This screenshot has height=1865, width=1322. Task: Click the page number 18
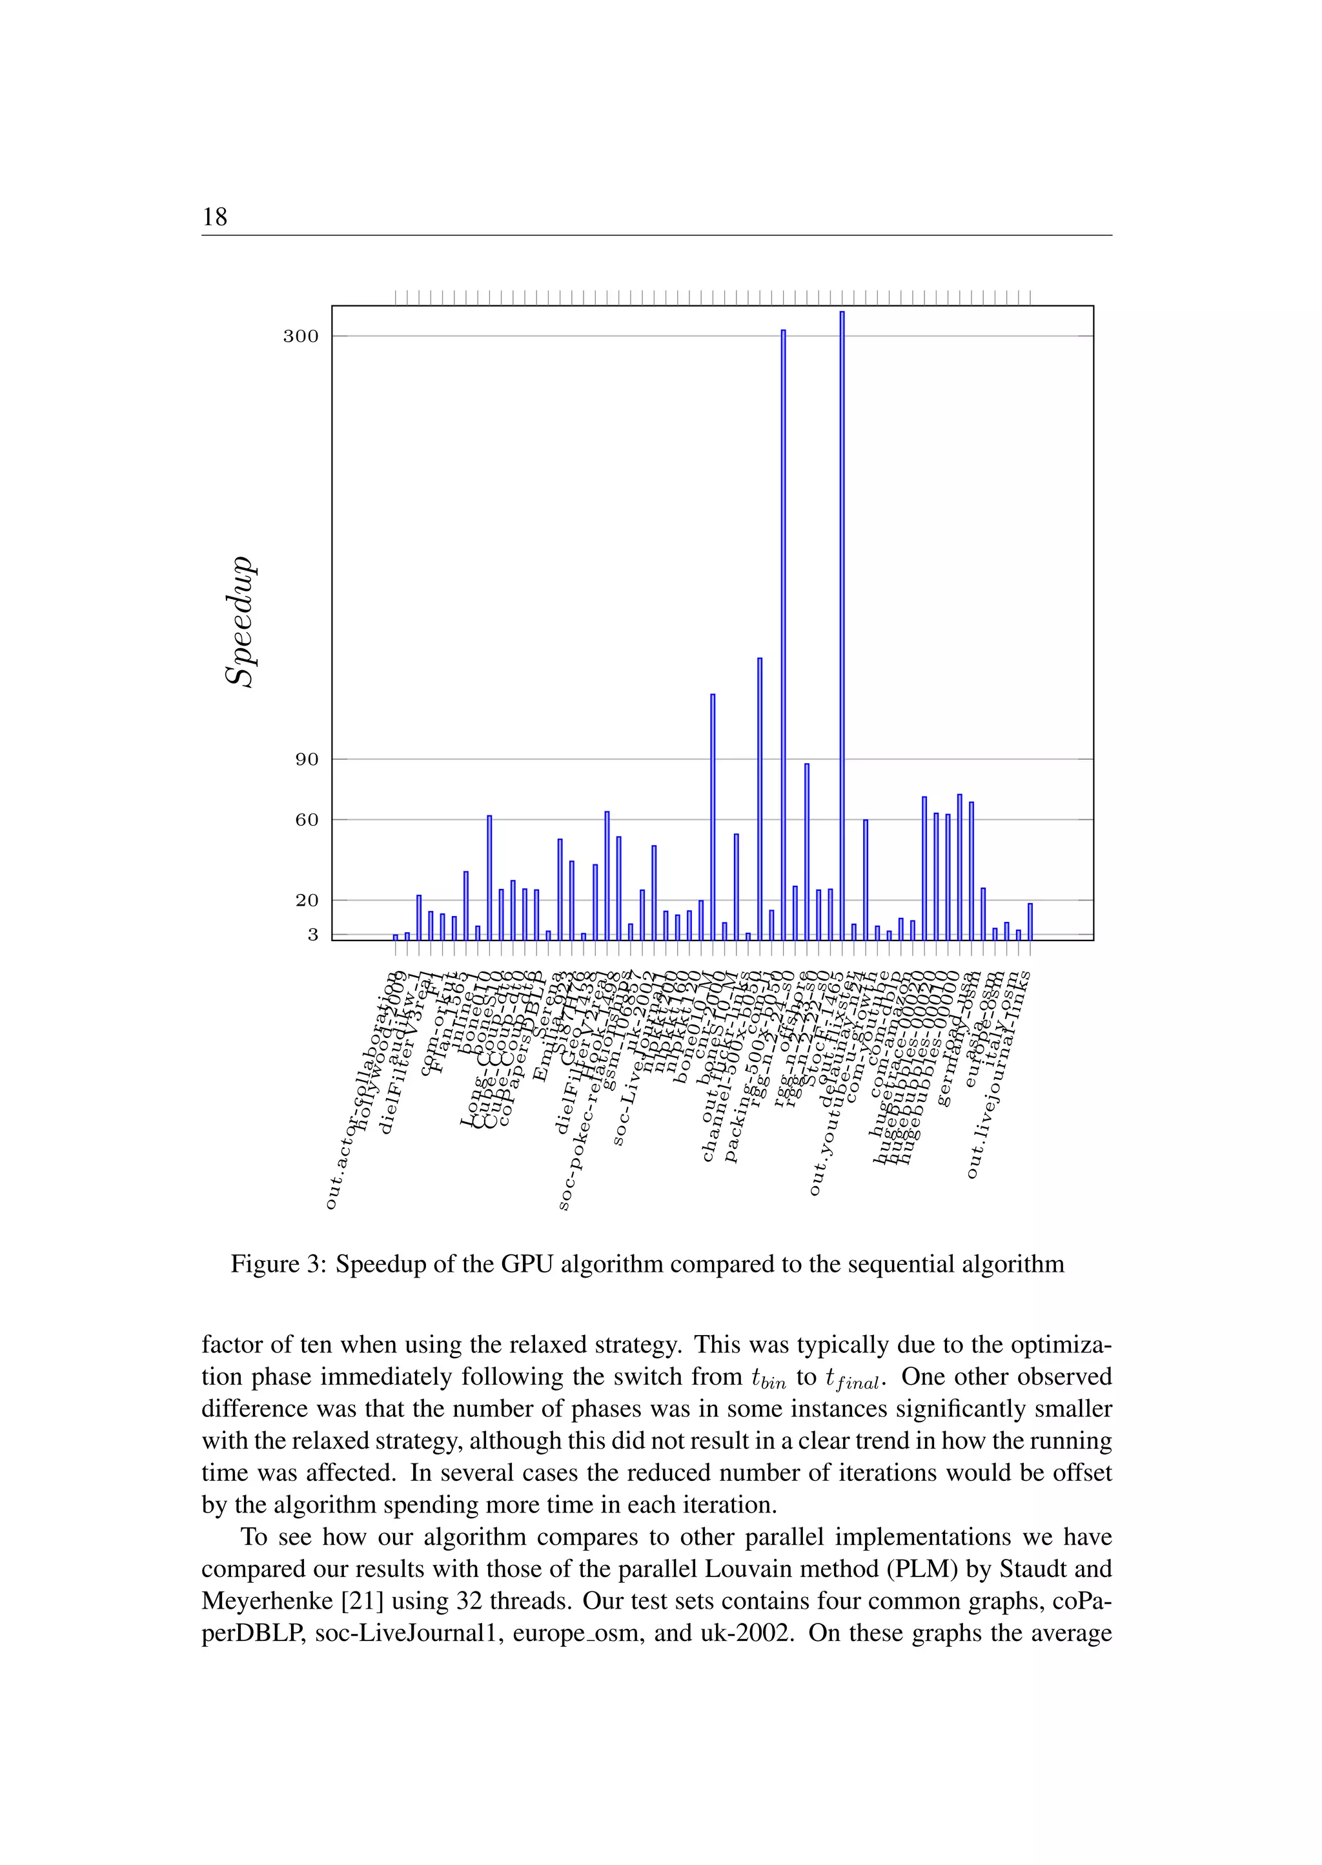[x=215, y=216]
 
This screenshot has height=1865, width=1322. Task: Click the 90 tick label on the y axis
[x=307, y=760]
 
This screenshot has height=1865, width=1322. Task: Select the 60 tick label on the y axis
[x=307, y=820]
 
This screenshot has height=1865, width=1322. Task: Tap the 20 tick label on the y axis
[x=307, y=901]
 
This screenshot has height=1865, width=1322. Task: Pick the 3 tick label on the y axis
[x=312, y=935]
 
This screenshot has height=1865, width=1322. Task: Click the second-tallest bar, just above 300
[x=783, y=635]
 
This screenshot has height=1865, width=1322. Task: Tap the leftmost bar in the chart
[x=396, y=937]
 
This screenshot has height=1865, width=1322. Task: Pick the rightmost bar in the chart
[x=1030, y=921]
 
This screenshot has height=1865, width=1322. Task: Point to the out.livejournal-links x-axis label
[x=998, y=1075]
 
